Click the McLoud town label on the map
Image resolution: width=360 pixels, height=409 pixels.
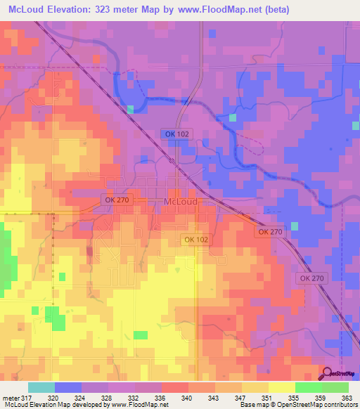pyautogui.click(x=180, y=202)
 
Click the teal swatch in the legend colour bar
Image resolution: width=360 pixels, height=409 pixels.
pyautogui.click(x=41, y=387)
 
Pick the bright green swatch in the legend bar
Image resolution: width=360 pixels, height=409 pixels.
pyautogui.click(x=335, y=387)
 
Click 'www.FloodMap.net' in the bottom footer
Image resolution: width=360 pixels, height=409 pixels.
pyautogui.click(x=138, y=405)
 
